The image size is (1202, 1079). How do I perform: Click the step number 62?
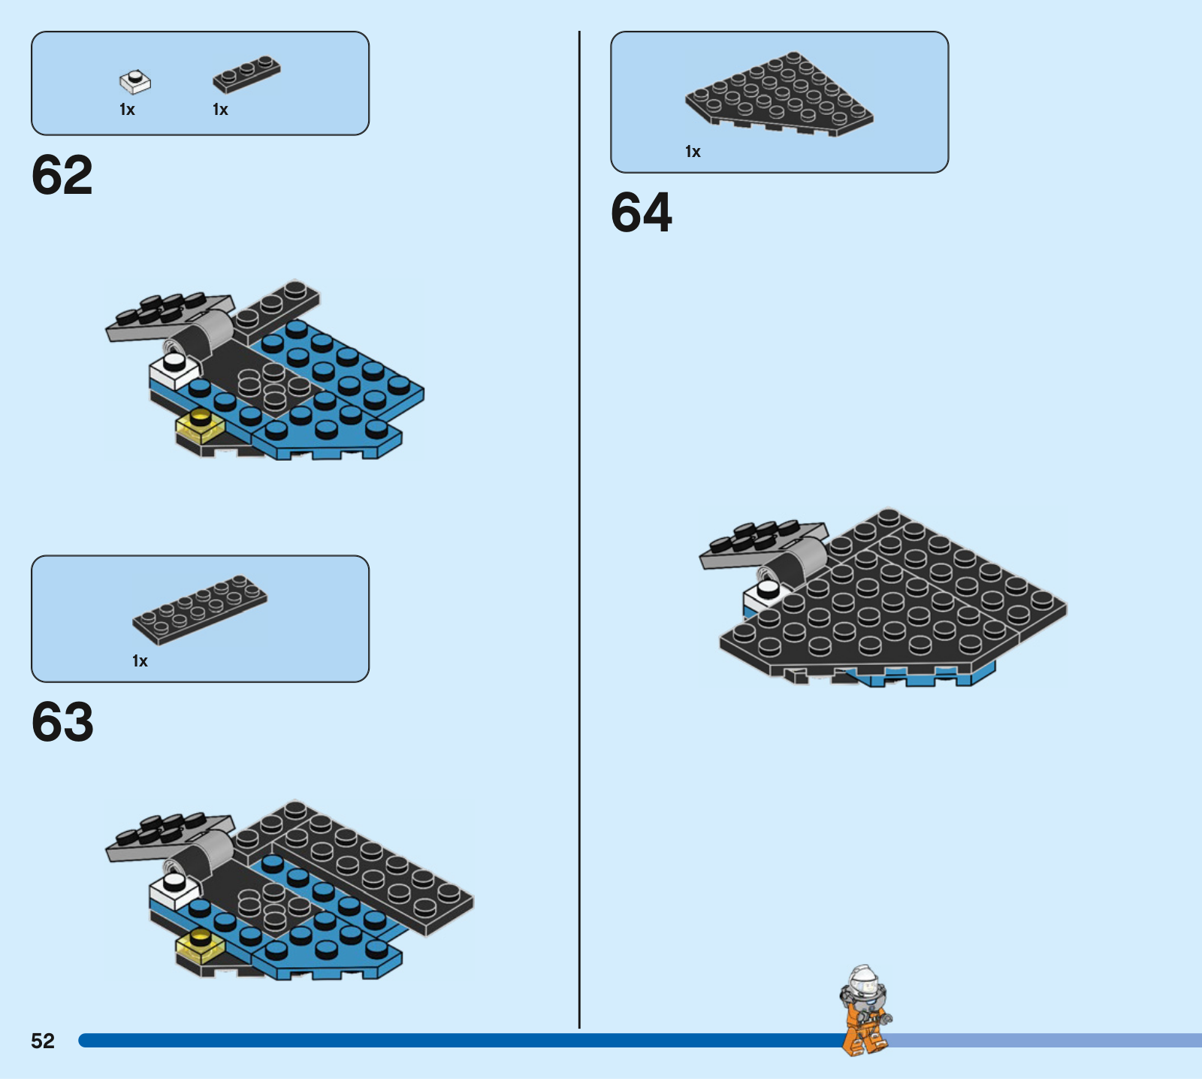point(62,175)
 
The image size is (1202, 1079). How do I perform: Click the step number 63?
point(62,722)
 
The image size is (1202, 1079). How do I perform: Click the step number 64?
point(642,213)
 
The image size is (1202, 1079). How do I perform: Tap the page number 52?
point(43,1041)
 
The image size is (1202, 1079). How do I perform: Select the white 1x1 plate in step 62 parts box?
point(135,81)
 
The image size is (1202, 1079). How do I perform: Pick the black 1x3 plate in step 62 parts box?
point(246,74)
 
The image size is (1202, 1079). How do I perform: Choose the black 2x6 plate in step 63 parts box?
point(200,609)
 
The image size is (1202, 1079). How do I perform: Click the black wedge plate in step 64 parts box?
point(779,93)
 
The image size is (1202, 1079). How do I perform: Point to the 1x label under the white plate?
point(127,110)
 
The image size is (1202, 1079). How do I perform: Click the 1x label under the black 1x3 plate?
point(220,110)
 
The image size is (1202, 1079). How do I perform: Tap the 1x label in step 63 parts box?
point(140,661)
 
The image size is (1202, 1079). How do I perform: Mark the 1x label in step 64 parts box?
point(693,152)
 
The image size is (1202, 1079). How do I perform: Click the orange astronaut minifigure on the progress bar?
point(865,1011)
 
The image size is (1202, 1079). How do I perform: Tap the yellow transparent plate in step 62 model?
point(200,425)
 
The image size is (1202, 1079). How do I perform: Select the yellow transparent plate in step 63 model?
point(200,945)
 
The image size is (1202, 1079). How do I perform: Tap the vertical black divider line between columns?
point(579,530)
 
